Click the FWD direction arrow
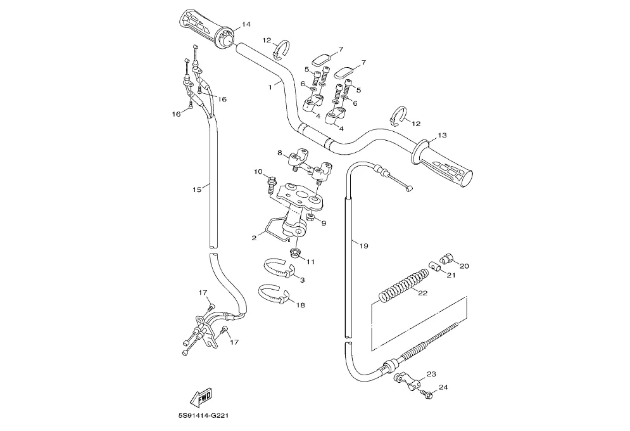pos(202,397)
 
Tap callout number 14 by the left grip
pos(246,24)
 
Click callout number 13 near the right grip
pos(442,135)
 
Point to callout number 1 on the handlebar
pos(270,85)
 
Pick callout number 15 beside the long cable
pos(196,189)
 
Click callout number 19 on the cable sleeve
pos(363,245)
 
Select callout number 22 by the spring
pos(423,293)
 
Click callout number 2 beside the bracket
pos(254,238)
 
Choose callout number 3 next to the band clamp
pos(301,280)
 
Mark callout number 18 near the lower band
pos(300,305)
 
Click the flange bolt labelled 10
pos(272,184)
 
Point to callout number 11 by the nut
pos(311,261)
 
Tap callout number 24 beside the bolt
pos(443,387)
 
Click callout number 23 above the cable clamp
pos(432,374)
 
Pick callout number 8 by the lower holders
pos(279,153)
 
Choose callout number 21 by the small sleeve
pos(451,275)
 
